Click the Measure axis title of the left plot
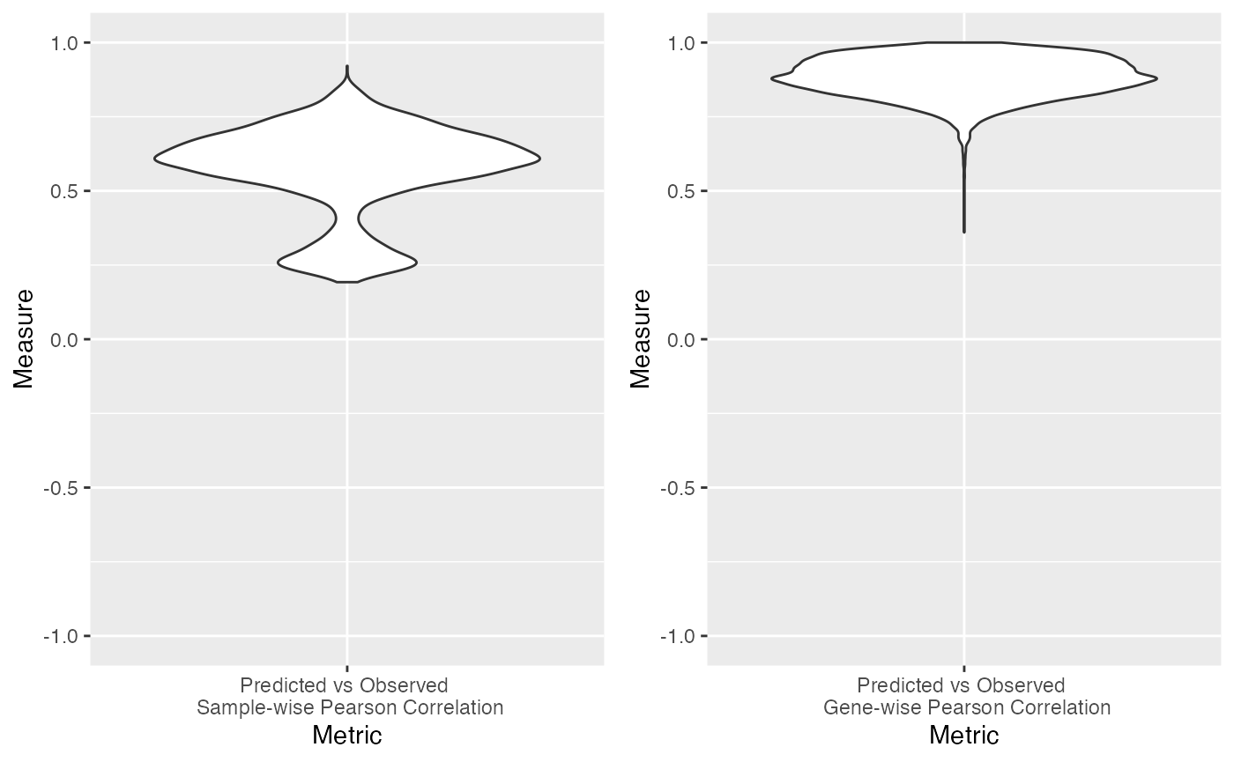pos(24,338)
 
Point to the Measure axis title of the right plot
pos(641,338)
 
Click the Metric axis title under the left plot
pos(347,735)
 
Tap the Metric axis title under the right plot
pos(964,735)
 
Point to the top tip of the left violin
pos(347,66)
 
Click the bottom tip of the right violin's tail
pos(964,232)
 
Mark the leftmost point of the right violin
pos(772,78)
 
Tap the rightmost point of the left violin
pos(539,159)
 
